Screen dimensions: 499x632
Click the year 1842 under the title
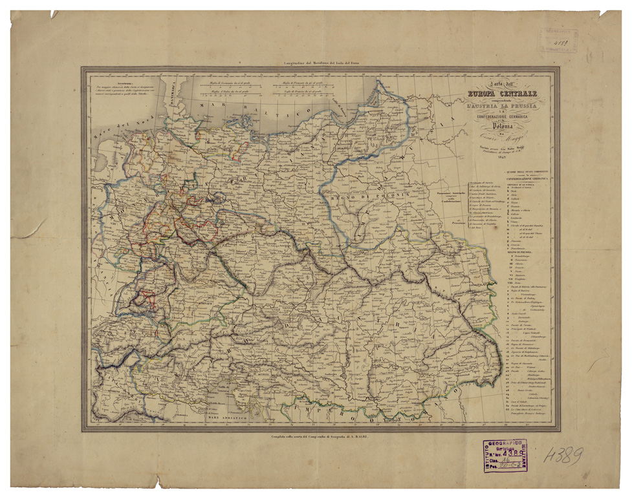pyautogui.click(x=499, y=155)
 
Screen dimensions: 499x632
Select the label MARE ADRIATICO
pyautogui.click(x=229, y=419)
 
